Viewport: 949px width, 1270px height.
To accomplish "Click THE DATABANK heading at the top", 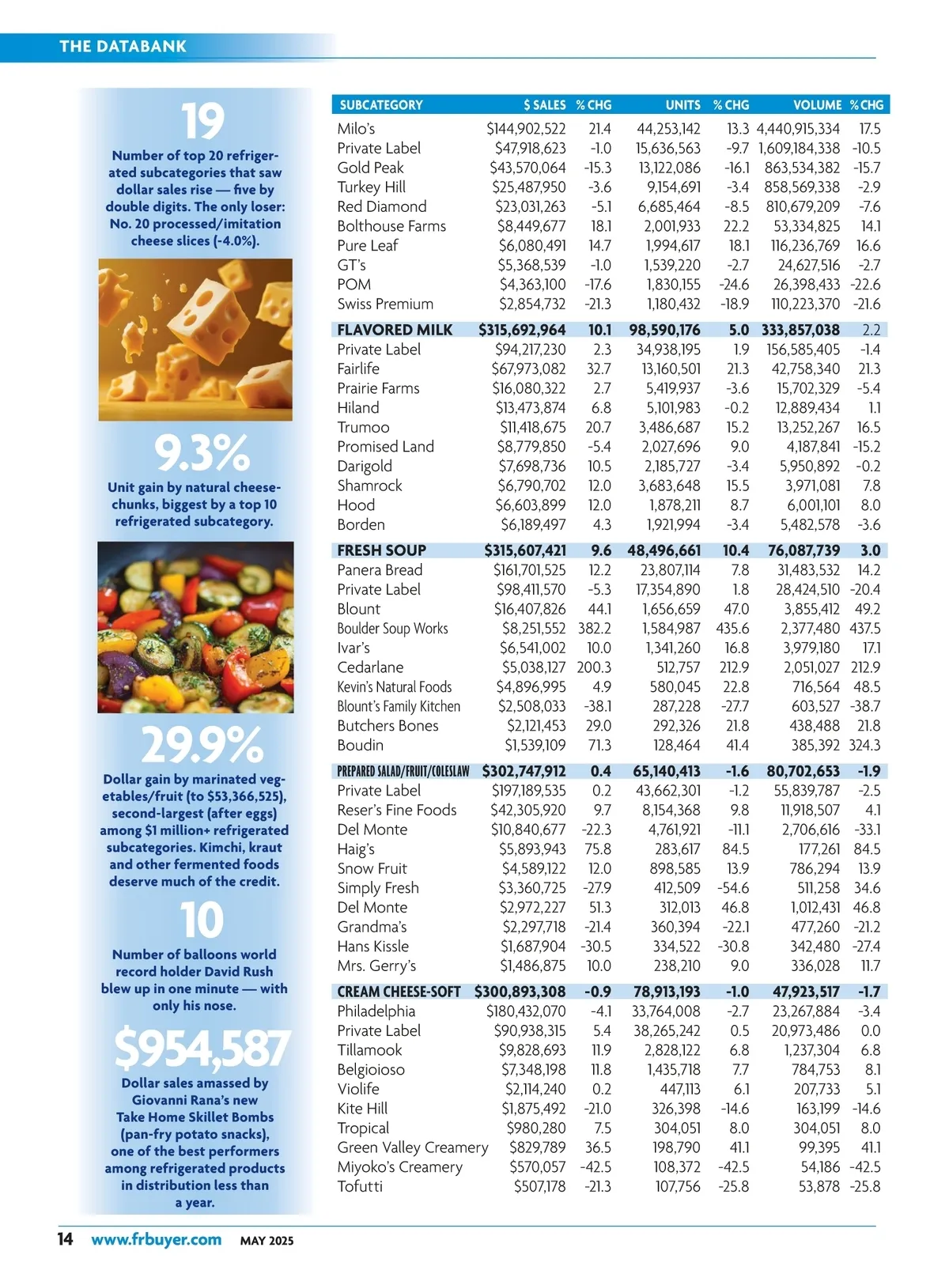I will pyautogui.click(x=123, y=46).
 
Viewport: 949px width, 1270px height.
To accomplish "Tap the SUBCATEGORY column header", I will pyautogui.click(x=381, y=104).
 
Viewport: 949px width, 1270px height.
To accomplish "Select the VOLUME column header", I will pyautogui.click(x=817, y=104).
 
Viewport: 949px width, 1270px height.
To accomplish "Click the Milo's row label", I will pyautogui.click(x=356, y=128).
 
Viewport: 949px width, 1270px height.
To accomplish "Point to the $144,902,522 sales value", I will pyautogui.click(x=526, y=128).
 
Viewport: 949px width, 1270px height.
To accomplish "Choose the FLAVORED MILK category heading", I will pyautogui.click(x=395, y=330).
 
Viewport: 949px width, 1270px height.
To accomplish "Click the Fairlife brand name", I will pyautogui.click(x=358, y=369).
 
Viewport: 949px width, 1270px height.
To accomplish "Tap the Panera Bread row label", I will pyautogui.click(x=380, y=569).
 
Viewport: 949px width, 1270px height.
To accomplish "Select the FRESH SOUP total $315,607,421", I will pyautogui.click(x=525, y=550).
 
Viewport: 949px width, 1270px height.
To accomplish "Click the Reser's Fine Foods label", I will pyautogui.click(x=397, y=810).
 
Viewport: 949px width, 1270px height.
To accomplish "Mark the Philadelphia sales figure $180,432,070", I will pyautogui.click(x=526, y=1011).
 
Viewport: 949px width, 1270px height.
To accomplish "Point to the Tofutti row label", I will pyautogui.click(x=360, y=1186).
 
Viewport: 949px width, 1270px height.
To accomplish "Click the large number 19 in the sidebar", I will pyautogui.click(x=202, y=123).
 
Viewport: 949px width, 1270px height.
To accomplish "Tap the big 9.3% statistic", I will pyautogui.click(x=202, y=453).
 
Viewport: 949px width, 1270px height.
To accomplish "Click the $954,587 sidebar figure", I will pyautogui.click(x=202, y=1049).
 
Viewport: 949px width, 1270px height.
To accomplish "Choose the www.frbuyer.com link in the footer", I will pyautogui.click(x=156, y=1239).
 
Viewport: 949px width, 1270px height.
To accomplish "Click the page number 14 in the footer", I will pyautogui.click(x=65, y=1239).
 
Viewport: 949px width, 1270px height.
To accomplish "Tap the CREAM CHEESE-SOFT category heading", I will pyautogui.click(x=399, y=992).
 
